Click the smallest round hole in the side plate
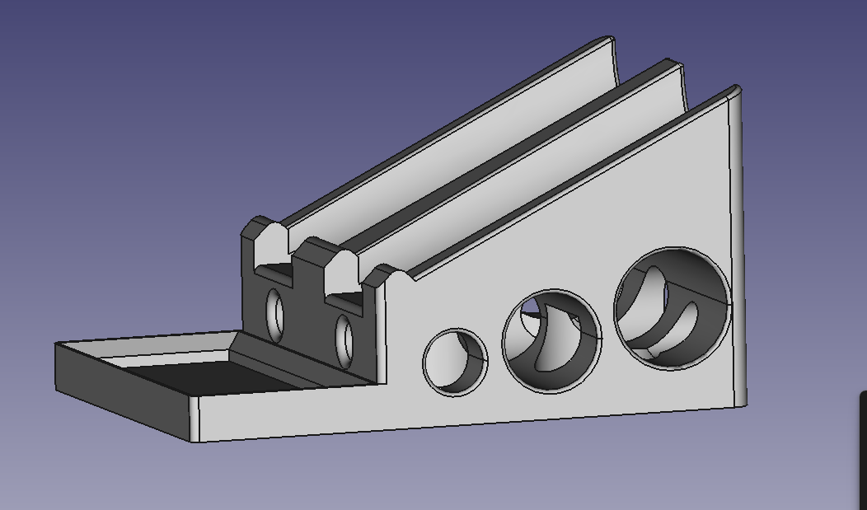coord(454,361)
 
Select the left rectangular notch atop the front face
coord(273,268)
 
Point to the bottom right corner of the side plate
coord(744,404)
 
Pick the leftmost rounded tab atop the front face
coord(263,227)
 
